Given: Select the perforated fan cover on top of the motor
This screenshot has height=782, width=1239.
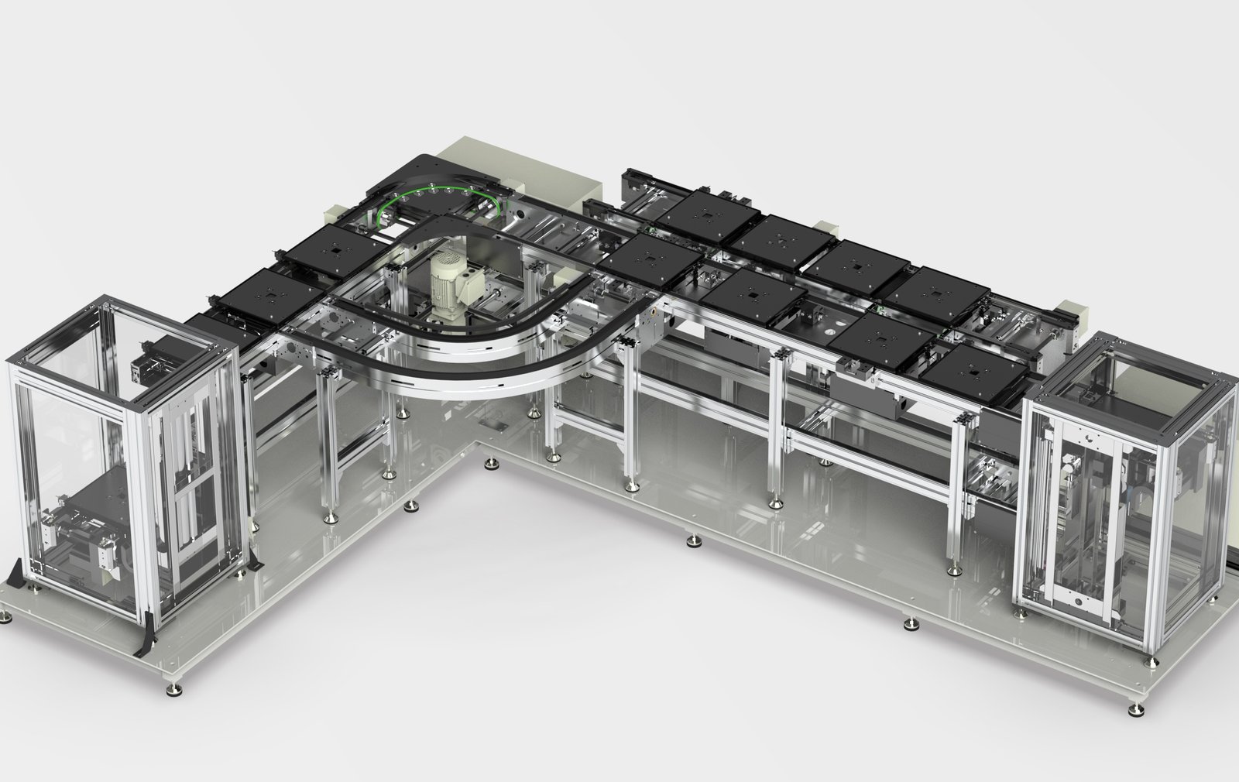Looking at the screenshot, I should point(448,267).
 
